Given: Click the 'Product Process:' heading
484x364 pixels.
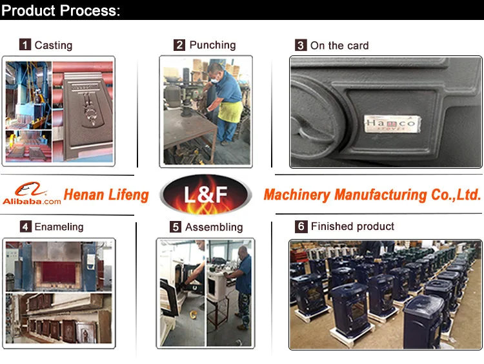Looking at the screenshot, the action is click(61, 10).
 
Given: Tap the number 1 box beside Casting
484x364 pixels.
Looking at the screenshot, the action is click(25, 44).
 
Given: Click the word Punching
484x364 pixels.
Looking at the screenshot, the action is click(212, 45).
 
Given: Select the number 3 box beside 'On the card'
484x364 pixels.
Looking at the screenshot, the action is click(301, 45).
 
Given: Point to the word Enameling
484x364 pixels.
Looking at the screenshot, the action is click(59, 227).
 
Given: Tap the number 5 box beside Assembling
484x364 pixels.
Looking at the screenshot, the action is click(176, 227).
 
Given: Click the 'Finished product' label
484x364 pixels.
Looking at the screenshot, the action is click(352, 226).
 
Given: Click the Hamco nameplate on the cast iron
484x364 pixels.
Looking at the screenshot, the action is click(392, 124).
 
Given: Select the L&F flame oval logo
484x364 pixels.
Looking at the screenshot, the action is click(206, 194).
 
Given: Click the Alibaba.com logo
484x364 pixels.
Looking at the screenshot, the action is click(32, 193).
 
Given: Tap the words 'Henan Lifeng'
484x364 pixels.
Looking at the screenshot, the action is click(106, 195).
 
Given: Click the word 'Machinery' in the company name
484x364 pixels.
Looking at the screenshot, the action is click(297, 195).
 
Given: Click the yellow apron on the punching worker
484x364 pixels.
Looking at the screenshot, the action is click(230, 111).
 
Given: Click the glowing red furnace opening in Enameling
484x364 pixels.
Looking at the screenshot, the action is click(59, 273).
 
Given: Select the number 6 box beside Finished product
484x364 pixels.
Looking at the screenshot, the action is click(301, 227).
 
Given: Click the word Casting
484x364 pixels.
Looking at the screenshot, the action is click(54, 45).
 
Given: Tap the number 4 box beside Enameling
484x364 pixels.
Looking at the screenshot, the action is click(26, 227).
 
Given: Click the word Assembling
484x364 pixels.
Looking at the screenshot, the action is click(214, 227).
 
